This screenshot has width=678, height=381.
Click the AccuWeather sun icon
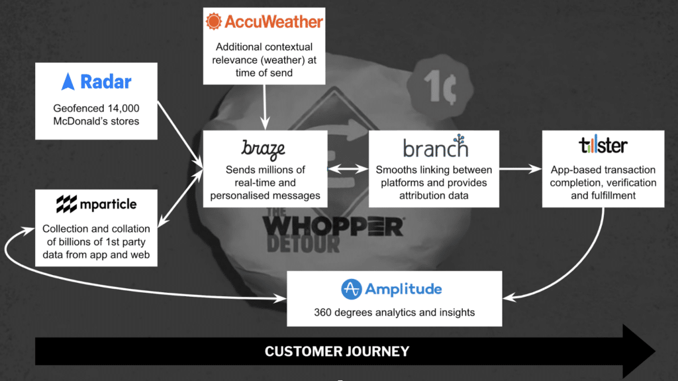click(x=214, y=21)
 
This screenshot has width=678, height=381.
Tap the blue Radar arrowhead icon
click(x=68, y=82)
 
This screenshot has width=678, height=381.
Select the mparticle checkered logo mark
click(x=67, y=204)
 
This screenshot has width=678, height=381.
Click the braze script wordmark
click(x=263, y=150)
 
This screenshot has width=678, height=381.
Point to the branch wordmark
click(x=436, y=146)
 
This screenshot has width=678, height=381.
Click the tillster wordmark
click(x=603, y=145)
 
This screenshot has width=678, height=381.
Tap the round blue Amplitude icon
click(x=351, y=289)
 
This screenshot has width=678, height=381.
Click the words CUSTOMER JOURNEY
click(x=337, y=351)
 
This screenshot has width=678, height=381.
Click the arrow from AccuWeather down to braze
click(x=265, y=107)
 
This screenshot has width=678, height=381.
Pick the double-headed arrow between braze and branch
click(x=348, y=169)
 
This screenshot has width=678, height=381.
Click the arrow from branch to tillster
click(x=520, y=169)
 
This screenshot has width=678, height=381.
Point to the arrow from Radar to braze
click(x=180, y=135)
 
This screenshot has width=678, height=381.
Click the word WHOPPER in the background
click(x=333, y=227)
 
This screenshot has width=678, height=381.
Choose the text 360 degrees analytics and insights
click(x=395, y=313)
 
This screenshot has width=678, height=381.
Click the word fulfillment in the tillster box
click(x=614, y=195)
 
